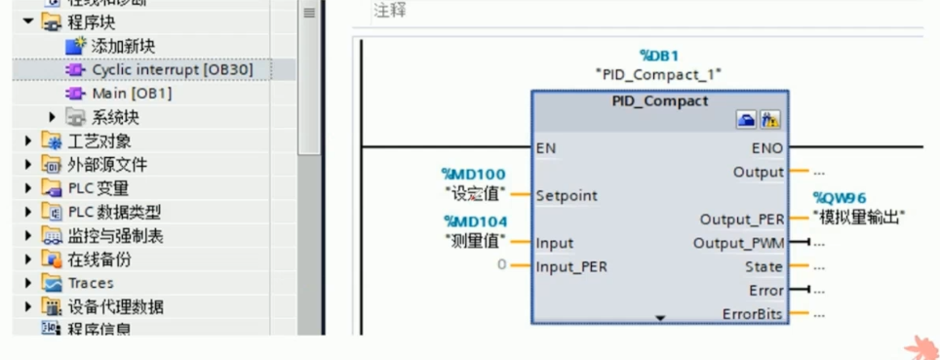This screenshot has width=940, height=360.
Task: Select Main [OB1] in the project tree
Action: pos(132,94)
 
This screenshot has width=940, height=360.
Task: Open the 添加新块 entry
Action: pos(123,46)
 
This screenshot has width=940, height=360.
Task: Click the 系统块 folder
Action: pos(115,117)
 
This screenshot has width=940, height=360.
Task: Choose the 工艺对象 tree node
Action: pos(99,141)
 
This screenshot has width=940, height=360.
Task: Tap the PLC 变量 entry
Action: pos(98,188)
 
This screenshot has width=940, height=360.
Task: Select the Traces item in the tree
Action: pos(90,283)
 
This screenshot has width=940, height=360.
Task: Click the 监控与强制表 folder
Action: pos(115,235)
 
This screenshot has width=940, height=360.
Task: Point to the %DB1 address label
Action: pos(659,56)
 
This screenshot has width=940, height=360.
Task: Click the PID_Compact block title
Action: pos(660,100)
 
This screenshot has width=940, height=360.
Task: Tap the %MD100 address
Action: pos(475,174)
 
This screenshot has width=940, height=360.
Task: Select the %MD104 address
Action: pos(475,221)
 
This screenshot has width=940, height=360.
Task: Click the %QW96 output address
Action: pos(841,198)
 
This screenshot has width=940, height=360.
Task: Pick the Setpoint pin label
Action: pos(567,195)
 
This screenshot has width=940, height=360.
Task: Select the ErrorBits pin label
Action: pos(752,314)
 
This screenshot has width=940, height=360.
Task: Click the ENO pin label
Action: pos(767,148)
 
